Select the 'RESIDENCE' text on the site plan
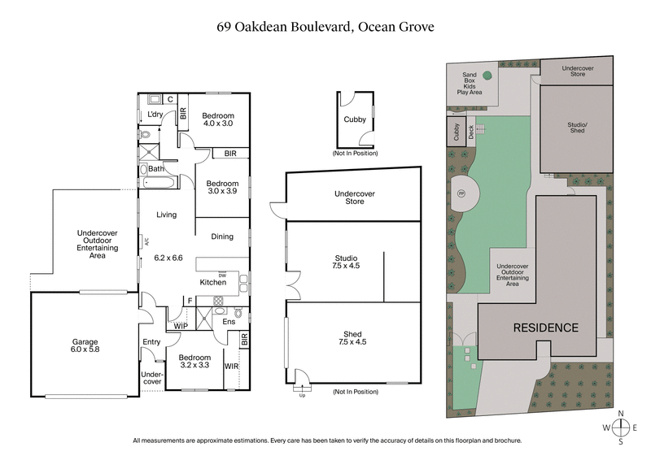coord(545,328)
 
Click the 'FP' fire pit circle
coord(461,193)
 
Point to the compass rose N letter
coord(621,413)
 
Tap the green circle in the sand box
coord(487,76)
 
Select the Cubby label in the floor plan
coord(355,119)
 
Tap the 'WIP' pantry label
coord(181,326)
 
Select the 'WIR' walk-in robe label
coord(230,367)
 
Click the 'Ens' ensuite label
coord(230,322)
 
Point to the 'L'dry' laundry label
coord(155,115)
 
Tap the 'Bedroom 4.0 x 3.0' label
coord(217,119)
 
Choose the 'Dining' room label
coord(222,237)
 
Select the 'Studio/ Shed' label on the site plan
coord(576,128)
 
